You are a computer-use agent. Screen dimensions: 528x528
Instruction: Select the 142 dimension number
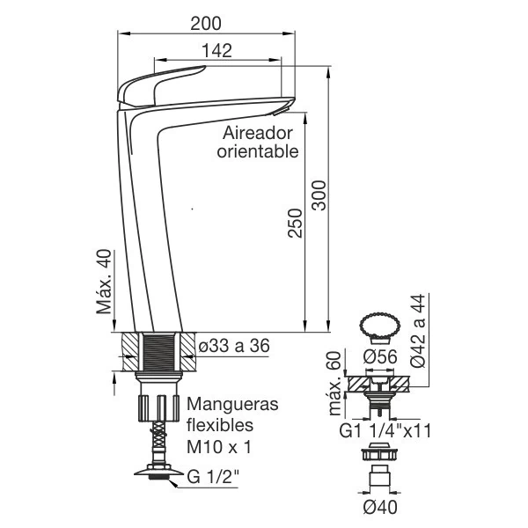coord(216,51)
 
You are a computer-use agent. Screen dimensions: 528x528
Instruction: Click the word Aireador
coord(258,133)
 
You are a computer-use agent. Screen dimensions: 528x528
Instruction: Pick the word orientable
coord(258,151)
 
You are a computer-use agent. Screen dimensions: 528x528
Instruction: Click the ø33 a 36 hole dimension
coord(235,346)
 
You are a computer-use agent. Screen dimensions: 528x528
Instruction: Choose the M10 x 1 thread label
coord(219,447)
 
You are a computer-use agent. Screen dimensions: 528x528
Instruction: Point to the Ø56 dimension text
coord(379,358)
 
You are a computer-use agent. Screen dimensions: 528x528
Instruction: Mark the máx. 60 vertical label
coord(334,383)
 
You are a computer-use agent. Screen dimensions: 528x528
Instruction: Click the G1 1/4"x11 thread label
coord(384,431)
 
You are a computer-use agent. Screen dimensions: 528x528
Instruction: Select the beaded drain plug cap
coord(378,327)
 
